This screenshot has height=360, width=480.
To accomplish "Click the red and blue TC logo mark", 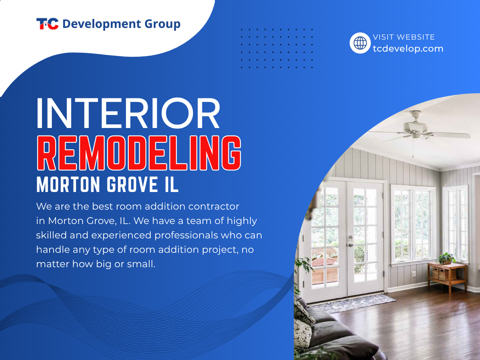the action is [x=48, y=24].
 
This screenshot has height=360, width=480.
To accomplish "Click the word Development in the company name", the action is [x=102, y=24].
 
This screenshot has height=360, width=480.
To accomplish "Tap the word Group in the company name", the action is [x=162, y=24].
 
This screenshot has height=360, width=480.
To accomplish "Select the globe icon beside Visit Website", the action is [x=360, y=43].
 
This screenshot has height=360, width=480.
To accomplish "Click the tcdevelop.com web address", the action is [x=408, y=48].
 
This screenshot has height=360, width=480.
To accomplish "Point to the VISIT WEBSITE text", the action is [x=404, y=37].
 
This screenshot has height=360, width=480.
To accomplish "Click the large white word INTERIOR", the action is [x=128, y=113].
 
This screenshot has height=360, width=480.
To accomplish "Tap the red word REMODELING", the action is [x=139, y=153].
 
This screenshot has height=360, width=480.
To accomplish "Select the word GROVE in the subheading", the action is [x=132, y=185].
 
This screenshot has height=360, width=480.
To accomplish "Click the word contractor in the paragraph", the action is [x=214, y=206].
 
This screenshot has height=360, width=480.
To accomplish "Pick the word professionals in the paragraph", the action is [x=186, y=236].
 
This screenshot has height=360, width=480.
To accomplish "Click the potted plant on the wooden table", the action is [x=446, y=258].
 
